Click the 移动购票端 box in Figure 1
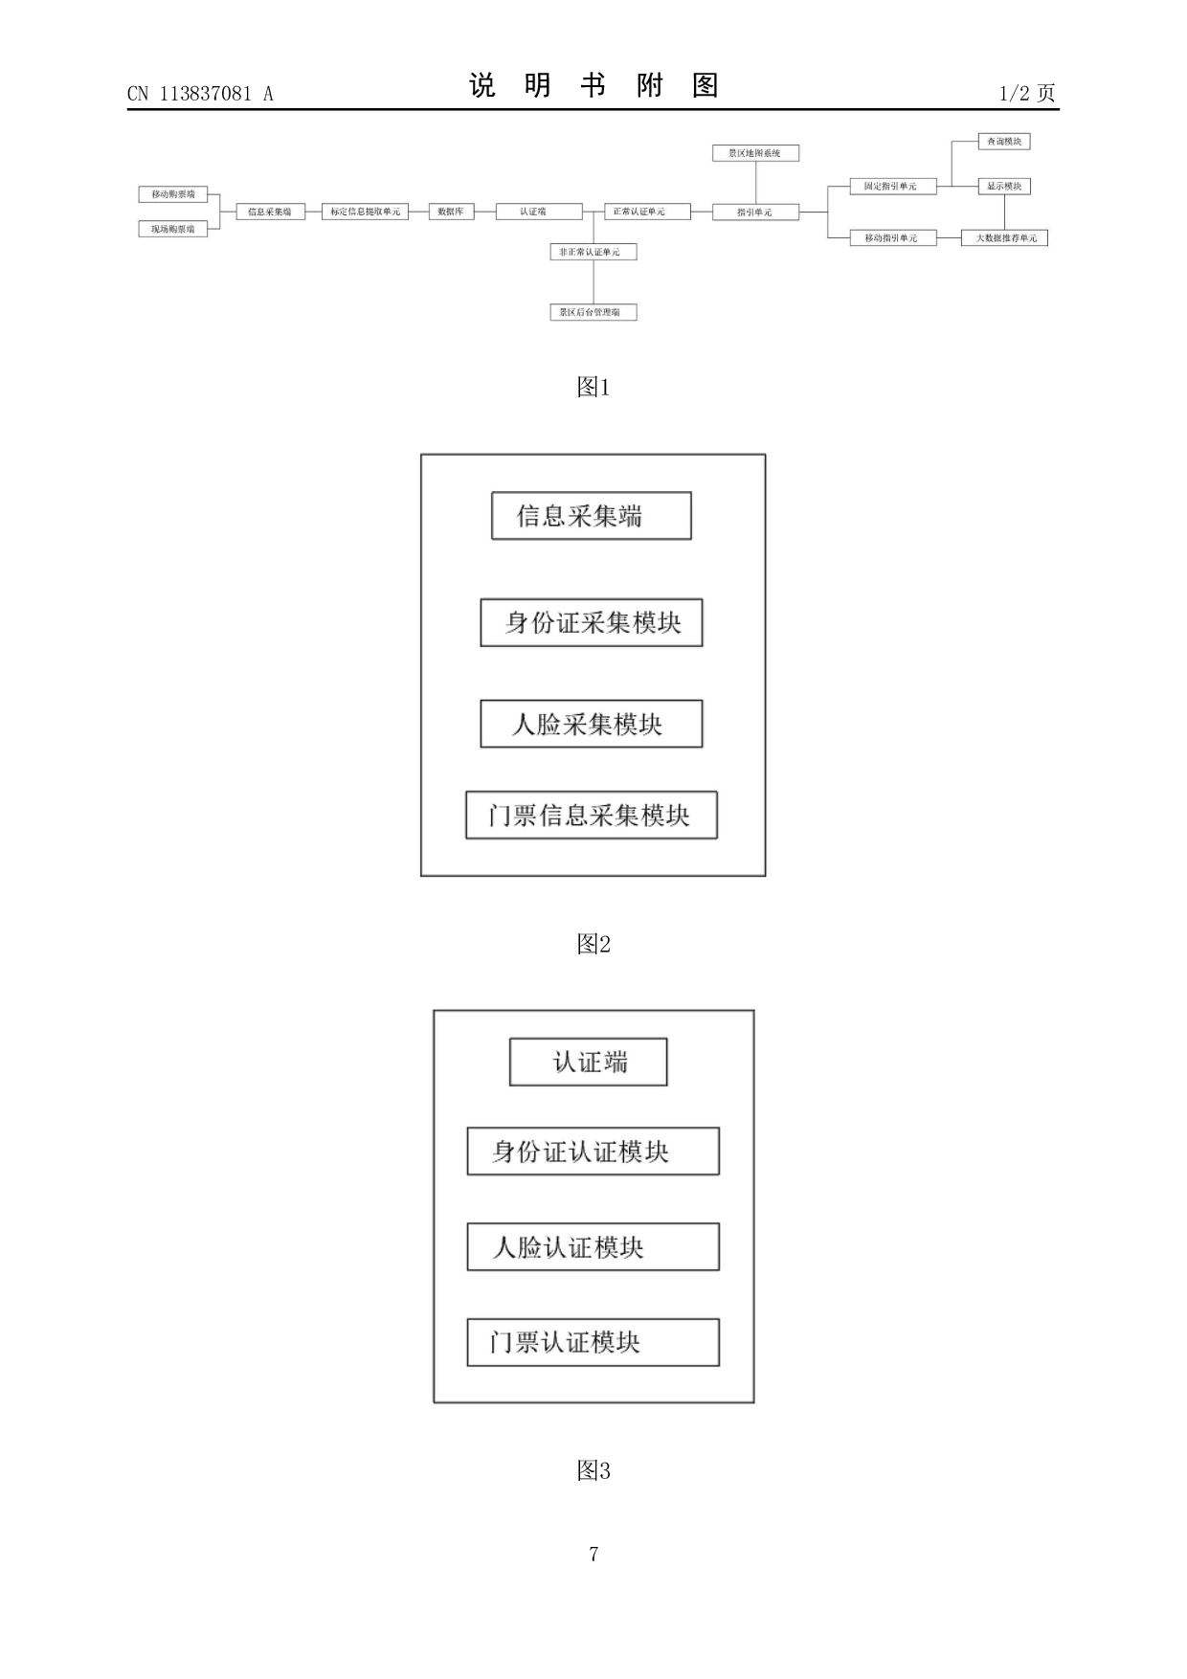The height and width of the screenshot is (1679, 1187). [x=173, y=194]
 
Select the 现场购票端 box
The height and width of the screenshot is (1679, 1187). [x=173, y=229]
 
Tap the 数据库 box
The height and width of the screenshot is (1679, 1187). [x=450, y=212]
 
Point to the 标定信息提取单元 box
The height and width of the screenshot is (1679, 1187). [x=365, y=212]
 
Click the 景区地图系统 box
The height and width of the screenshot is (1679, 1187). [x=755, y=153]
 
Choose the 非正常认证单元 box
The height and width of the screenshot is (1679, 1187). [x=593, y=252]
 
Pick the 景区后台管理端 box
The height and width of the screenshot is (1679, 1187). [x=593, y=312]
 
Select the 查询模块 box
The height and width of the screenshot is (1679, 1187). [x=1004, y=142]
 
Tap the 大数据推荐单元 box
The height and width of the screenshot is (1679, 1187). [x=1004, y=237]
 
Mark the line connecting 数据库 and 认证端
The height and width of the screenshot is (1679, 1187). [x=484, y=212]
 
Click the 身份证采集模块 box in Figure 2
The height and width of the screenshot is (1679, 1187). [x=592, y=623]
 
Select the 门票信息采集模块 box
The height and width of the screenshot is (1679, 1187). [x=592, y=816]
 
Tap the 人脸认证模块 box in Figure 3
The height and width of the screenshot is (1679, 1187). [x=593, y=1247]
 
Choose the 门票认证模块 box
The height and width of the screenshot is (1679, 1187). [x=593, y=1342]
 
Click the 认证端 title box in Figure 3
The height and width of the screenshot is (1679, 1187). [x=588, y=1063]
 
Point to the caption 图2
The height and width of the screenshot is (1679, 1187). [x=593, y=945]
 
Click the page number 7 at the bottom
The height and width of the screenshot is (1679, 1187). [x=593, y=1554]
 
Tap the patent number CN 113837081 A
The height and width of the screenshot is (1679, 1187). [x=200, y=94]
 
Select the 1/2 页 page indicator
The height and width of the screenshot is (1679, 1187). [x=1027, y=93]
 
